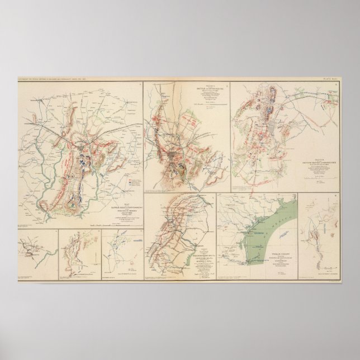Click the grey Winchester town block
point(272,129)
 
